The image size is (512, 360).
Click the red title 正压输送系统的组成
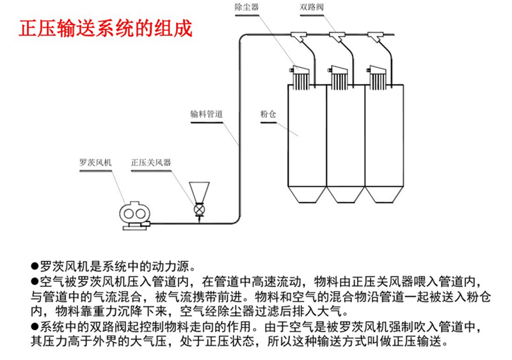pyautogui.click(x=105, y=29)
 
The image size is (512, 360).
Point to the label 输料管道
pyautogui.click(x=206, y=113)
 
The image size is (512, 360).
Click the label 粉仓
pyautogui.click(x=267, y=113)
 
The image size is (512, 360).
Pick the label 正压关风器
pyautogui.click(x=151, y=163)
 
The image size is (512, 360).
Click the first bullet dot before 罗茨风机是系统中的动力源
pyautogui.click(x=35, y=266)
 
